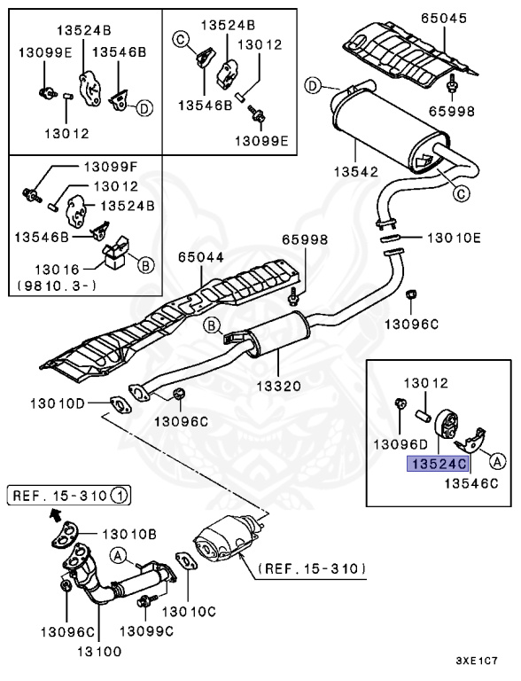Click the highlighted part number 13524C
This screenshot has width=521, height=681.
435,463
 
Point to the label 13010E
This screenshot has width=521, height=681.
454,238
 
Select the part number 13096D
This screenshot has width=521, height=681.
398,443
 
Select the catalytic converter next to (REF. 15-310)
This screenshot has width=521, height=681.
227,543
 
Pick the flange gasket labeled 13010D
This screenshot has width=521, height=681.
118,406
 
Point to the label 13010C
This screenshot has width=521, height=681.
188,611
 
